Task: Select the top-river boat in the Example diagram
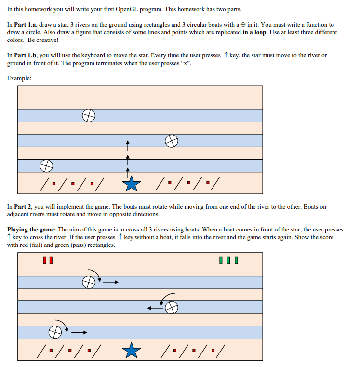tap(88, 115)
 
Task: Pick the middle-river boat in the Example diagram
tap(172, 141)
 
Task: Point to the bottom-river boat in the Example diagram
tap(46, 166)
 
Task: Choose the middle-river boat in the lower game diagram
tap(172, 307)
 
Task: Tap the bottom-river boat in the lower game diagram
tap(55, 332)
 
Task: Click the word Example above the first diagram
tap(19, 78)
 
